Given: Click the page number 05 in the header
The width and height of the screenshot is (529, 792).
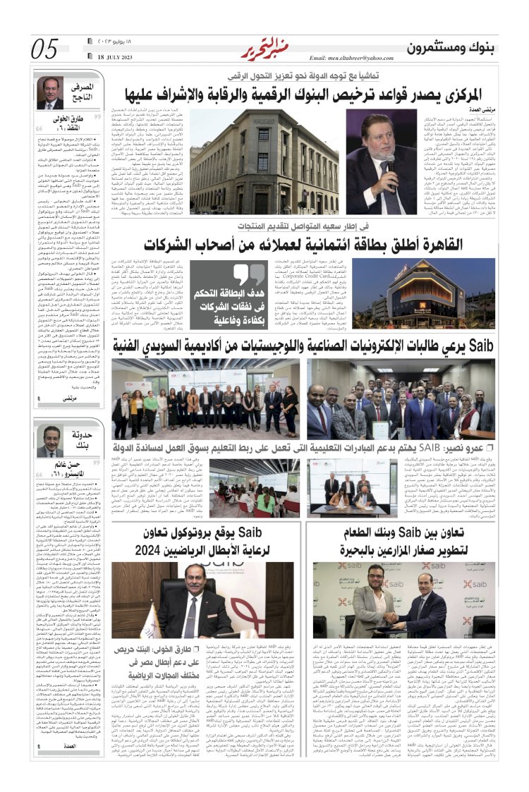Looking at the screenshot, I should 45,48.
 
